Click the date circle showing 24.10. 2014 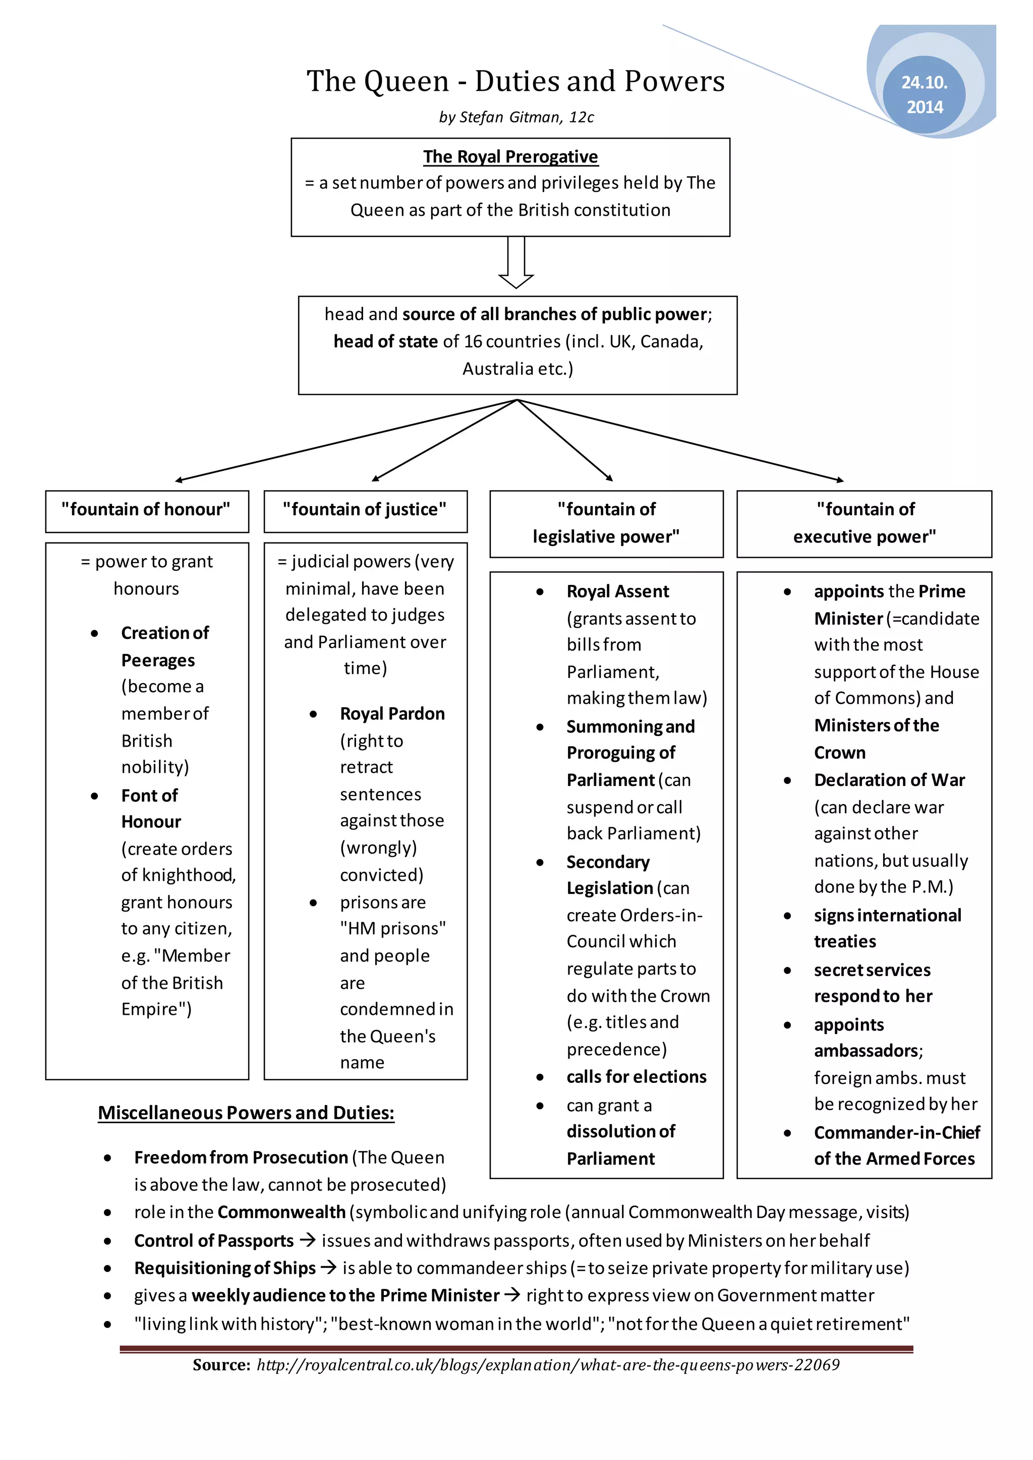coord(924,94)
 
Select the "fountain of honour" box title coord(146,509)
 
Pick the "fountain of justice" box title coord(365,509)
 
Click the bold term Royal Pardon coord(392,713)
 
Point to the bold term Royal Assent coord(618,591)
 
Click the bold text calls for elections coord(636,1076)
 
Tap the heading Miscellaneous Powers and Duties coord(246,1113)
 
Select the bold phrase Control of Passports coord(214,1241)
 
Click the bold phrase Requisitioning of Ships coord(224,1268)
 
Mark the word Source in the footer coord(221,1365)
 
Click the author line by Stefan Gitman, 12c coord(516,117)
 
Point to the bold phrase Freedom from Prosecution coord(241,1158)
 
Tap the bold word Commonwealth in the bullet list coord(281,1212)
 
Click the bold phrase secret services coord(872,970)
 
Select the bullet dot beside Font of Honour coord(95,796)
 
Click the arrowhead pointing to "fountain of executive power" coord(841,480)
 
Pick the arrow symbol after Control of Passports coord(308,1240)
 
